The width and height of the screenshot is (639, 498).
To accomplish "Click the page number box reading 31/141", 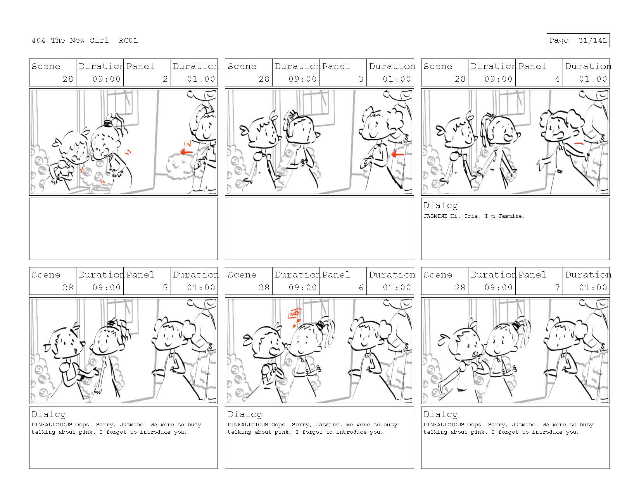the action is [x=577, y=40].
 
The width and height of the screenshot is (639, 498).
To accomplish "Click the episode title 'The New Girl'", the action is [x=79, y=40].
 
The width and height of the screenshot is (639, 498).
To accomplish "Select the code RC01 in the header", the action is [x=128, y=40].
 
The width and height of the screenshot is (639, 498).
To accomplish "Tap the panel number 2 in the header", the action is [x=165, y=79].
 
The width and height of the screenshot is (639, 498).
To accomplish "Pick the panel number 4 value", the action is [x=557, y=79].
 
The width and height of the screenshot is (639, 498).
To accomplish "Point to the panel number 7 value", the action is [x=557, y=287].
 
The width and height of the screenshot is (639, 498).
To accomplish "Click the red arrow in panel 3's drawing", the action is [x=398, y=154].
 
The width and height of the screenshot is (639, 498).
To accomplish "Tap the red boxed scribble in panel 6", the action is [x=295, y=314].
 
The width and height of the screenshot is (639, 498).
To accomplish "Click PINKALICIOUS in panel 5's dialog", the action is [x=52, y=424].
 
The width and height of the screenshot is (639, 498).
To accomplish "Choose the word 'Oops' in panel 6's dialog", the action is [x=278, y=424].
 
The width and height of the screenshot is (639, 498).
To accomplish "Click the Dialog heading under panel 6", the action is [x=245, y=414].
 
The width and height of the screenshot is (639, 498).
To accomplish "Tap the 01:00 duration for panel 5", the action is [x=201, y=287].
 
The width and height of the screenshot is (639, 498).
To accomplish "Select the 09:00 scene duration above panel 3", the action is [x=302, y=79].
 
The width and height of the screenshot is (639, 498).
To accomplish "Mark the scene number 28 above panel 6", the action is [x=264, y=287].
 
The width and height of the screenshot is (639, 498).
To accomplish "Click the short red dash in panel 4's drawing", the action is [x=579, y=144].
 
